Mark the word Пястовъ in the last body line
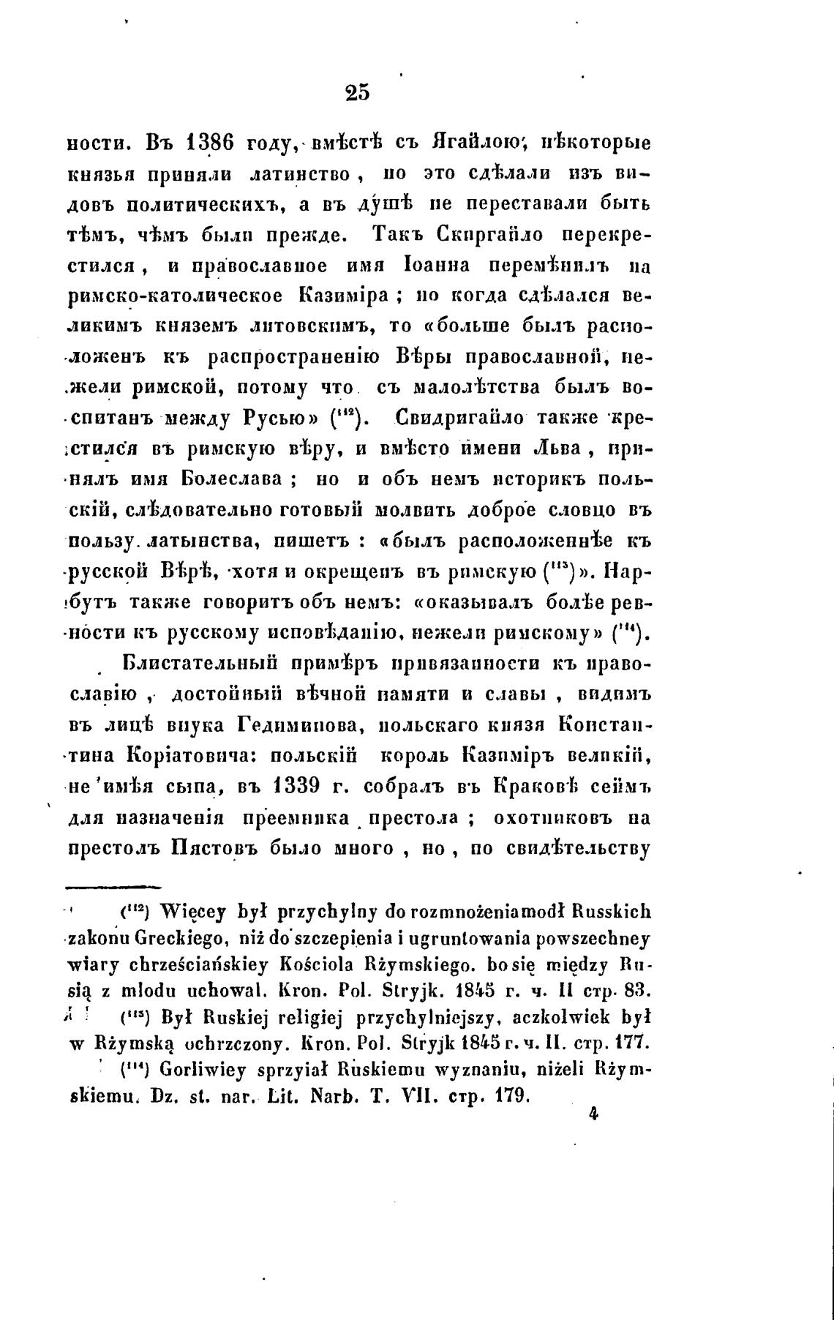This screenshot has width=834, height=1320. click(217, 849)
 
